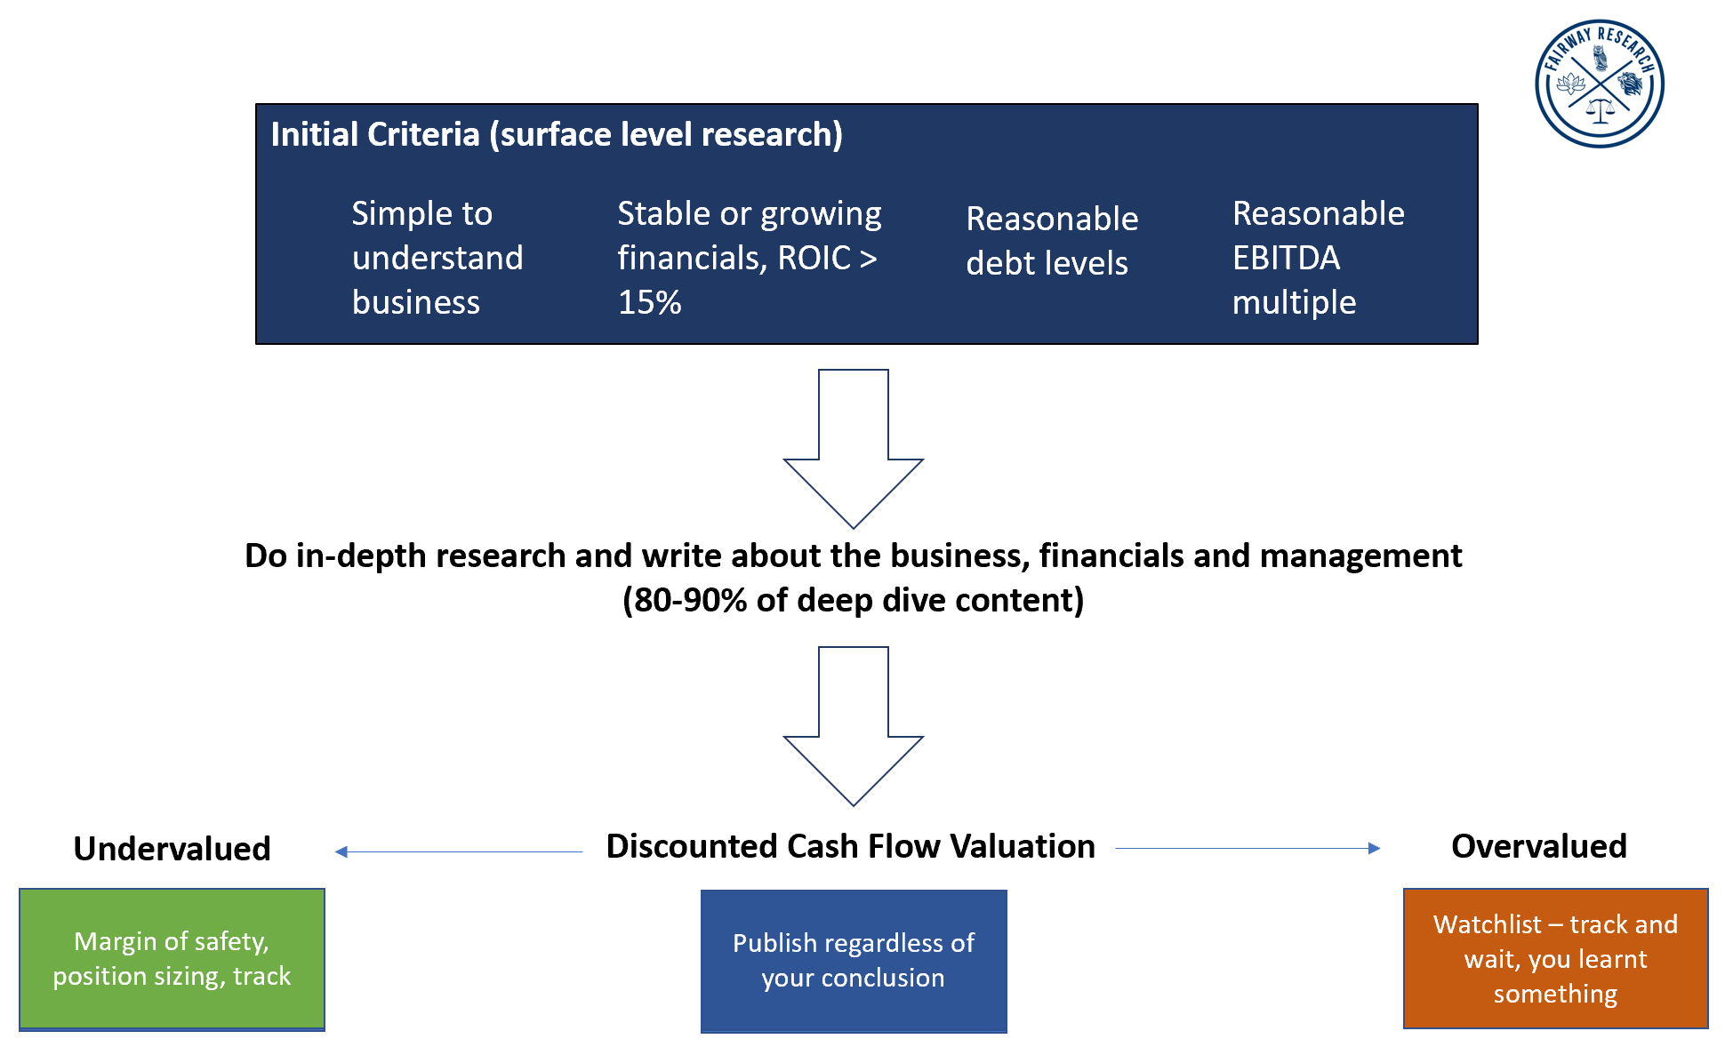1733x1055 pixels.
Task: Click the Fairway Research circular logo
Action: pos(1599,84)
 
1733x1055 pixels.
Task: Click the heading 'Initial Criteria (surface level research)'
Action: pos(557,134)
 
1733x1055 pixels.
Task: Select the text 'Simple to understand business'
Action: pos(437,258)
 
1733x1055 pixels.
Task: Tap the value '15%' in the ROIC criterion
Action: pos(649,302)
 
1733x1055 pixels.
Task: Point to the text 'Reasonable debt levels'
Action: pos(1051,240)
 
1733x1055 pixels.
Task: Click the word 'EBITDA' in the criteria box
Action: pos(1286,258)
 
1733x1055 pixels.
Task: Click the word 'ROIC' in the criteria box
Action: pos(814,258)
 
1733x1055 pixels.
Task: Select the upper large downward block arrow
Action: pos(853,444)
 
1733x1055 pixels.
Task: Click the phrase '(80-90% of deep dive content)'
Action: pos(853,600)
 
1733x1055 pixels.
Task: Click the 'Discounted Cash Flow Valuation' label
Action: pos(850,846)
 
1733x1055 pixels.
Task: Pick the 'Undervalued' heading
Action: pos(172,849)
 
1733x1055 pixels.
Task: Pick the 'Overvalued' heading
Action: pos(1538,846)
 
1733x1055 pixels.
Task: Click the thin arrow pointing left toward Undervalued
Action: pos(458,851)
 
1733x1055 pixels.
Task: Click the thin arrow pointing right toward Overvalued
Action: pos(1247,848)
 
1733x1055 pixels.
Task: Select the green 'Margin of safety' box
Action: pos(172,959)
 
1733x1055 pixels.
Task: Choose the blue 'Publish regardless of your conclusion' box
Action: pos(853,961)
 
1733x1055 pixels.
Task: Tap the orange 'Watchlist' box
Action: pos(1555,958)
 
